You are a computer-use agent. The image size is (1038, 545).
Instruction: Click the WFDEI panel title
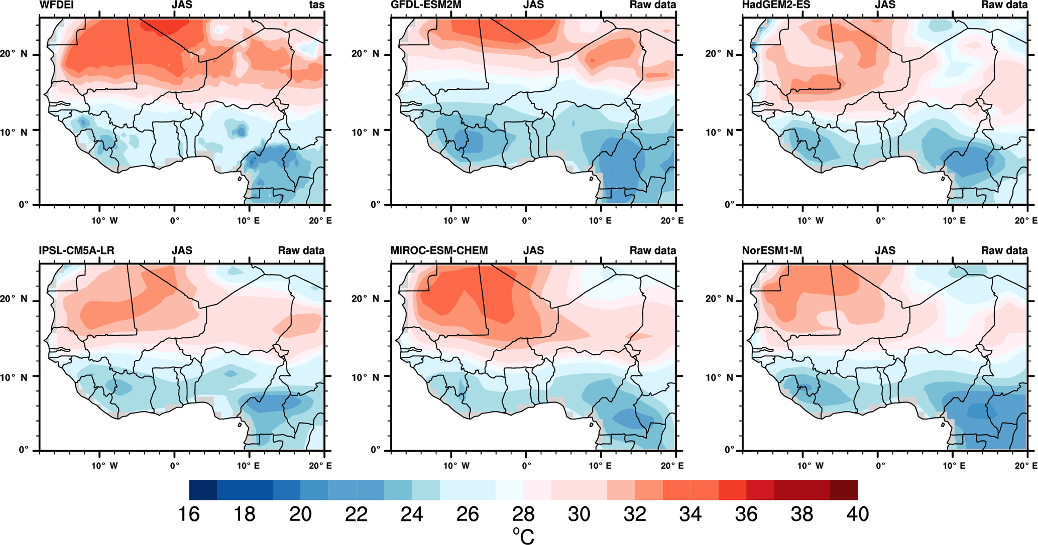coord(56,5)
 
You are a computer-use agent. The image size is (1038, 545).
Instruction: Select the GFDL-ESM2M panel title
coord(426,5)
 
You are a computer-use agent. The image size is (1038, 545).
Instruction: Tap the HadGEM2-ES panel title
coord(777,5)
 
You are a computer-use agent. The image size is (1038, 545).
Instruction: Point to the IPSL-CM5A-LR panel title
coord(76,250)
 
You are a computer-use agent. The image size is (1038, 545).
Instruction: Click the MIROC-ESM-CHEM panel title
coord(439,250)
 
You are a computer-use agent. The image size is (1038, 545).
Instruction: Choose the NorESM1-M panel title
coord(772,250)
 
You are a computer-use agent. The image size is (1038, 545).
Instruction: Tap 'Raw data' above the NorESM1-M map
coord(1004,250)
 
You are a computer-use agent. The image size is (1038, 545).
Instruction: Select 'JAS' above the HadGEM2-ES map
coord(885,5)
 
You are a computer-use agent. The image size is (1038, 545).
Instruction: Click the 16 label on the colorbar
coord(189,514)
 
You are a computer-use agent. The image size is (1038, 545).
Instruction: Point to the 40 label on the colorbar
coord(857,514)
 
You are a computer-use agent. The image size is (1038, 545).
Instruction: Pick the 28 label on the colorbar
coord(523,514)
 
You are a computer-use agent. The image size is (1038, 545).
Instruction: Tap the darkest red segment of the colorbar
coord(844,490)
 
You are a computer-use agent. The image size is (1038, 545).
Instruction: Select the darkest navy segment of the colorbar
coord(203,490)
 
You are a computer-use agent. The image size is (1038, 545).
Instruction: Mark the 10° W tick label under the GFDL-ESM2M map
coord(456,221)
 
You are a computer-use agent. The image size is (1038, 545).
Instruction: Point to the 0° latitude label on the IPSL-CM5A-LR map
coord(24,450)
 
